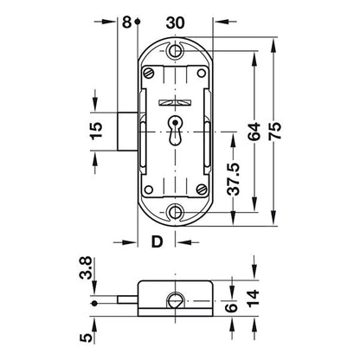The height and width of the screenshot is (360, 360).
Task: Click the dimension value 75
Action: (x=275, y=131)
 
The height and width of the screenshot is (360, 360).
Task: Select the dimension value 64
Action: (x=254, y=132)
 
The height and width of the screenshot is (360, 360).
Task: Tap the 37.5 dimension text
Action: (x=233, y=179)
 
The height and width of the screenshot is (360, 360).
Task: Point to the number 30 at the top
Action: (x=175, y=22)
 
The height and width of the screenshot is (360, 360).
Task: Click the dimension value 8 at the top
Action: (x=126, y=22)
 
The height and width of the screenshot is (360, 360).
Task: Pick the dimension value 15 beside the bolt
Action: (x=96, y=131)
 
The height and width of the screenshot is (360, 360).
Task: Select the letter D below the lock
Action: (x=157, y=241)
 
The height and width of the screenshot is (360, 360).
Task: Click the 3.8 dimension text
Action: (x=86, y=267)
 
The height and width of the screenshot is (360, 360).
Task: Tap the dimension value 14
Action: (x=254, y=298)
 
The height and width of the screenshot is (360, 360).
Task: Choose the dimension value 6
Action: (x=232, y=307)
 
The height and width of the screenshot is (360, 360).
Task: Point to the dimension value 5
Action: (x=87, y=337)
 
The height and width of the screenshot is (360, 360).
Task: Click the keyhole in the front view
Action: (x=175, y=131)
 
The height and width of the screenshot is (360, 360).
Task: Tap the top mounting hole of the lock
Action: (x=175, y=51)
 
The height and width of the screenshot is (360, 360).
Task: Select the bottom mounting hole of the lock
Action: (x=175, y=212)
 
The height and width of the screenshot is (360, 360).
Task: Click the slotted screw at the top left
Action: (x=149, y=74)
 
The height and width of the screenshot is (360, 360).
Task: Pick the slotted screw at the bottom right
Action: (x=202, y=190)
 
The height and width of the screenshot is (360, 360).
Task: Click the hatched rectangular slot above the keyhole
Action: (x=175, y=102)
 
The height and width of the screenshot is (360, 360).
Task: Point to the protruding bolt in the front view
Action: (x=127, y=132)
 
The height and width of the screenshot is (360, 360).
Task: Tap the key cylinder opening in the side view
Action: (x=175, y=301)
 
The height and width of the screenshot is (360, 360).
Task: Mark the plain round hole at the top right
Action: (x=202, y=74)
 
